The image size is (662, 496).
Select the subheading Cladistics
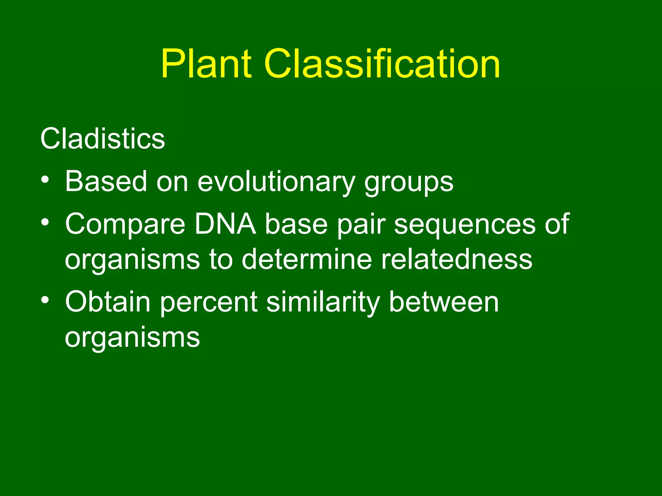click(x=102, y=139)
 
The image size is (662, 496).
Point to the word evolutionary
click(x=276, y=181)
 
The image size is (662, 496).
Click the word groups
click(x=409, y=182)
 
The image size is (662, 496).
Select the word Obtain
click(x=108, y=302)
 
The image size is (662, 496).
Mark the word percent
click(x=209, y=303)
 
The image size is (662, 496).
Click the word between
click(x=444, y=302)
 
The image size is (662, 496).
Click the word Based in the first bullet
click(x=106, y=181)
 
